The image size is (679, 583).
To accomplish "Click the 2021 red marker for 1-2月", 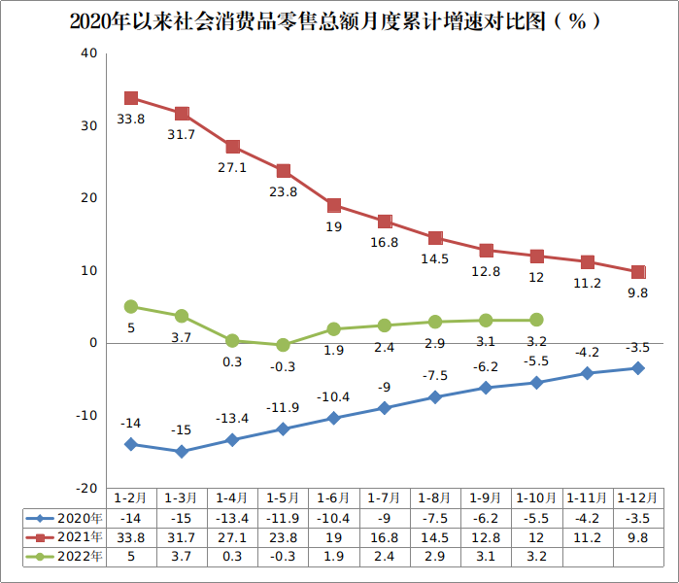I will click(131, 98).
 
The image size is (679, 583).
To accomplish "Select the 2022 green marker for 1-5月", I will click(283, 345).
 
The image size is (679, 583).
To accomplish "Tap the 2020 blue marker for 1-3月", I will click(182, 451).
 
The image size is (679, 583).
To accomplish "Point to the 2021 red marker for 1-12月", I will click(638, 272).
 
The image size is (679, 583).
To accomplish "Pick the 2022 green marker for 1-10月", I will click(536, 320).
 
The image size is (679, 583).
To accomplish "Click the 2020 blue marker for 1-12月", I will click(638, 368).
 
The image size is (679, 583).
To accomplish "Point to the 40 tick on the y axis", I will click(88, 53).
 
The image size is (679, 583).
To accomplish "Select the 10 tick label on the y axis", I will click(88, 270).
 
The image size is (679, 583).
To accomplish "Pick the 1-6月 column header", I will click(333, 498).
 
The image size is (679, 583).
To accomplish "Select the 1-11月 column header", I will click(587, 498).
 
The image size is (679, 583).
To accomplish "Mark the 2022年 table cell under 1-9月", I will click(486, 556).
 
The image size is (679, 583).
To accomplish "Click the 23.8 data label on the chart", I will click(282, 192).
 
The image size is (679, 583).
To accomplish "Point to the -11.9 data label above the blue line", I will click(282, 407).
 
